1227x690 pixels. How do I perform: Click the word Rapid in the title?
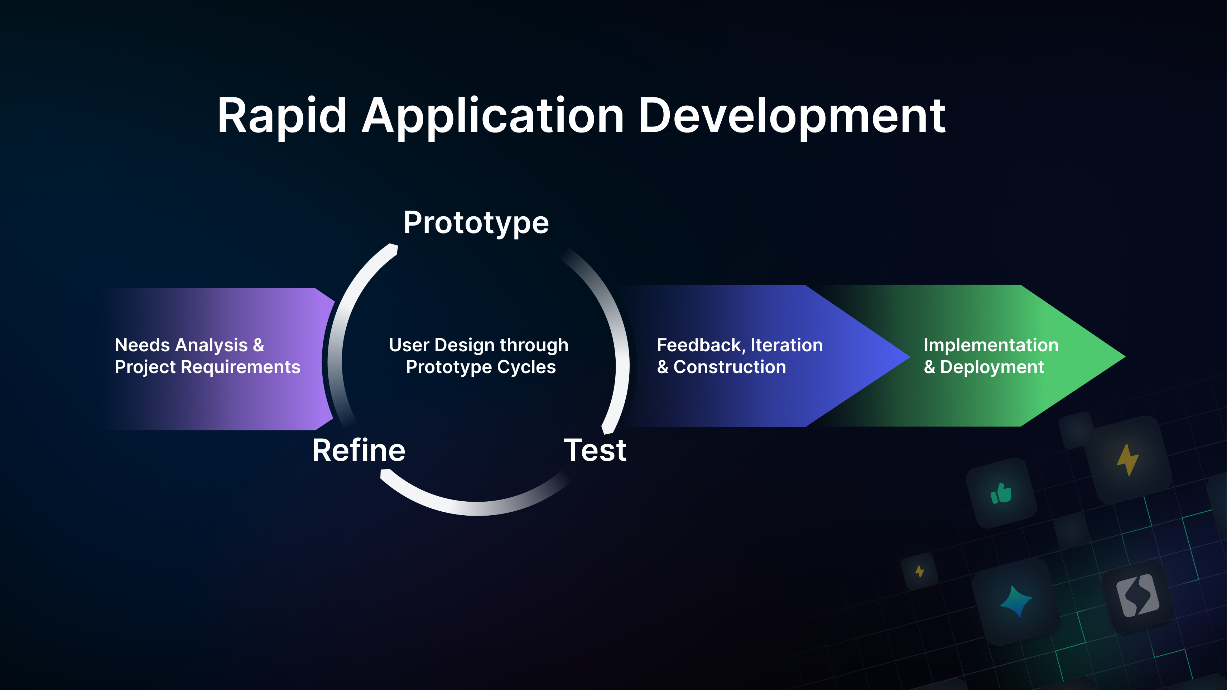click(281, 116)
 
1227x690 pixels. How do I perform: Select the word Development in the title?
click(791, 116)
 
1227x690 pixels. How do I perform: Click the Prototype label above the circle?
click(476, 223)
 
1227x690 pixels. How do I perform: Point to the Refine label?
click(358, 450)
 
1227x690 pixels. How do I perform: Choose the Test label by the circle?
click(595, 450)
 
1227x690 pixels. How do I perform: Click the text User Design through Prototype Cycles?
click(479, 356)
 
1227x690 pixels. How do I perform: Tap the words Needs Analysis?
click(181, 345)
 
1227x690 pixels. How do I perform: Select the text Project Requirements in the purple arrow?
click(207, 367)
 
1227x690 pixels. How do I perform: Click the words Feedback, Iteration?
click(739, 345)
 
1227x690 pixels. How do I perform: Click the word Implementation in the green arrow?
click(991, 345)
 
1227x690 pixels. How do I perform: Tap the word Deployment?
click(992, 367)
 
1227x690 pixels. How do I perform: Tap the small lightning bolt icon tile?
click(919, 571)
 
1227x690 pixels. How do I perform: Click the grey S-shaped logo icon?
click(1137, 595)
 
